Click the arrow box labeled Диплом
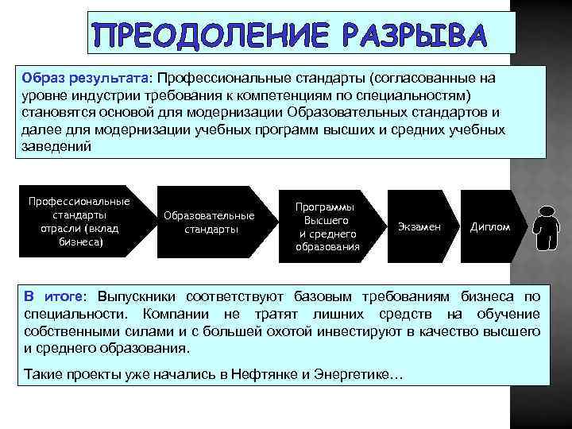pyautogui.click(x=490, y=226)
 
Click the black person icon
pyautogui.click(x=547, y=226)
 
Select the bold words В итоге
pyautogui.click(x=52, y=297)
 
